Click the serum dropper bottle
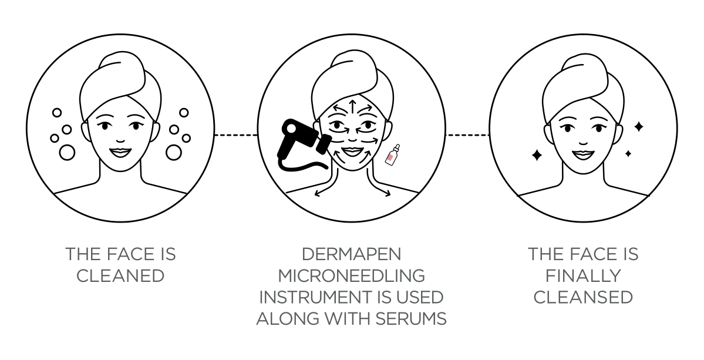click(x=392, y=154)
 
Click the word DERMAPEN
click(x=351, y=254)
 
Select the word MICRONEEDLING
click(x=351, y=275)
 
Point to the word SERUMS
click(x=411, y=319)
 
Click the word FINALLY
click(x=583, y=275)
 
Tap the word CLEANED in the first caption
click(x=120, y=275)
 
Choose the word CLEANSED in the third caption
click(x=583, y=297)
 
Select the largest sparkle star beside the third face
click(x=537, y=155)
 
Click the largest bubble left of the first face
click(x=67, y=152)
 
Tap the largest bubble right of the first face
click(x=173, y=152)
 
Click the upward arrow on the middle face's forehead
click(x=352, y=107)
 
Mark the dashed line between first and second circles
click(x=236, y=134)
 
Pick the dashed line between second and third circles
click(x=467, y=134)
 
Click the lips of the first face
click(x=120, y=152)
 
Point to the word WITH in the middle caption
click(x=345, y=319)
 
